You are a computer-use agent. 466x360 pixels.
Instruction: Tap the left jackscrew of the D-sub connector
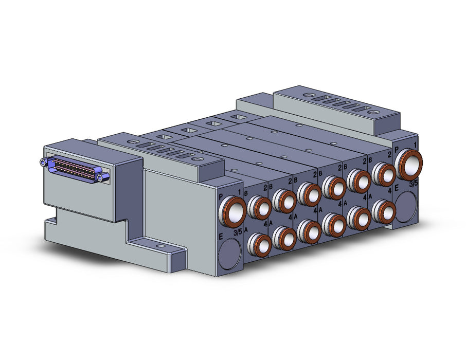click(x=43, y=162)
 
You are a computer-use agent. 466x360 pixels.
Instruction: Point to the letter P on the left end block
click(x=221, y=196)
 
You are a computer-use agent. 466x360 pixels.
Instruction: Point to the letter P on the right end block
click(x=397, y=150)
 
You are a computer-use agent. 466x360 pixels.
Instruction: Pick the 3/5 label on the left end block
click(x=238, y=232)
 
